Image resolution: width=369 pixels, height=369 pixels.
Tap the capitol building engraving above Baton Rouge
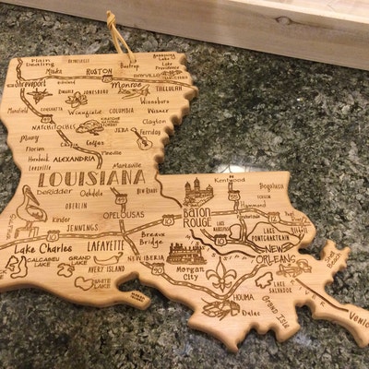click(x=199, y=193)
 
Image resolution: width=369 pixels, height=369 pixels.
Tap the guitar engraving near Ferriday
click(x=142, y=139)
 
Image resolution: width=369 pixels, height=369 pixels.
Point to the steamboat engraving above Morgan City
click(x=184, y=252)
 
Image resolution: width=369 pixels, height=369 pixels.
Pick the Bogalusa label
click(x=272, y=185)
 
